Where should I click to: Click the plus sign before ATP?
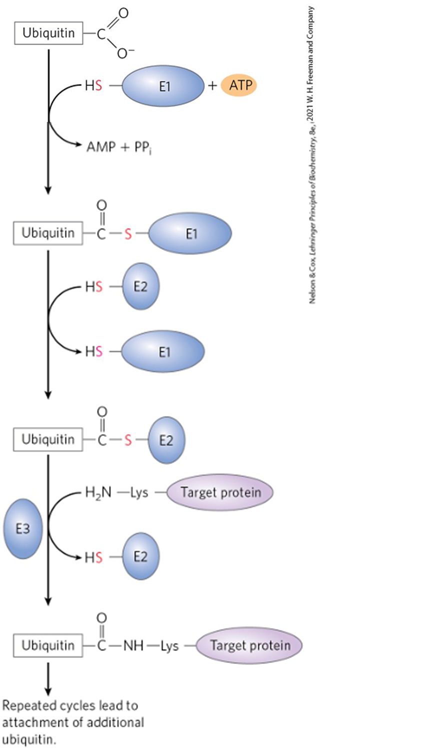pyautogui.click(x=212, y=86)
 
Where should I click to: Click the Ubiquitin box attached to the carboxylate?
pyautogui.click(x=48, y=33)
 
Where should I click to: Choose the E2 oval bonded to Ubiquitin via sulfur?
pyautogui.click(x=166, y=440)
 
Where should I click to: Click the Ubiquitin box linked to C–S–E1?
pyautogui.click(x=48, y=233)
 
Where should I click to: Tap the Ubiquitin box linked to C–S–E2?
pyautogui.click(x=48, y=439)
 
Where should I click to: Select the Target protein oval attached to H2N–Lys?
pyautogui.click(x=220, y=492)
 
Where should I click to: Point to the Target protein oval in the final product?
pyautogui.click(x=249, y=645)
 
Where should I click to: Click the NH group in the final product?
pyautogui.click(x=133, y=645)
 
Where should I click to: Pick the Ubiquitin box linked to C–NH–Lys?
pyautogui.click(x=48, y=645)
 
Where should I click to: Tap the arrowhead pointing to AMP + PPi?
pyautogui.click(x=77, y=144)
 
